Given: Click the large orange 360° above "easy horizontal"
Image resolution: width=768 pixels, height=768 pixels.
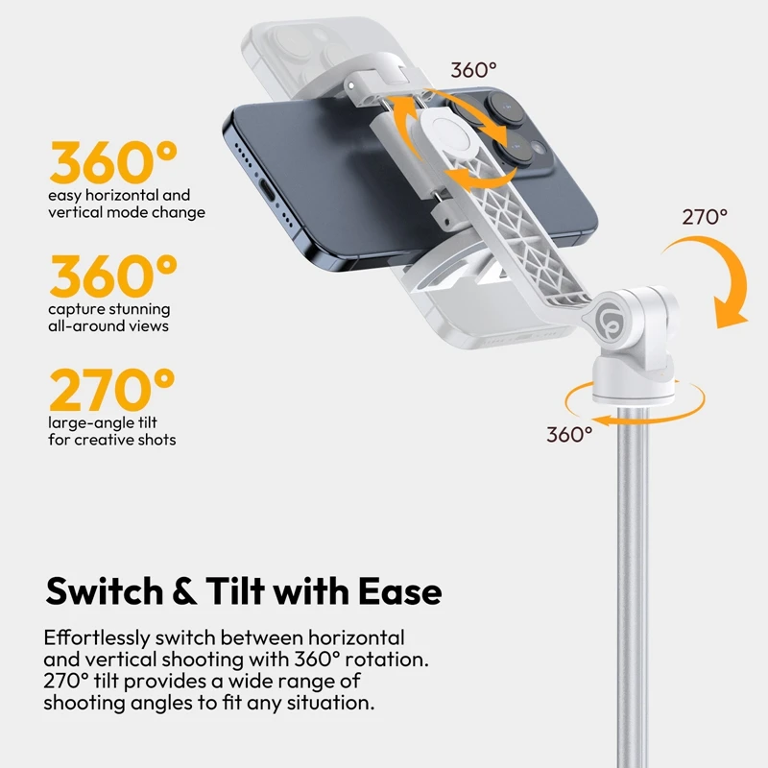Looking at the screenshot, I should click(x=114, y=163).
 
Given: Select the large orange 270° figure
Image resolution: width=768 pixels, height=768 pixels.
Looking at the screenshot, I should click(x=112, y=390).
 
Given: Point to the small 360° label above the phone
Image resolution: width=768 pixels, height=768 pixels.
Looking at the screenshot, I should click(x=474, y=70).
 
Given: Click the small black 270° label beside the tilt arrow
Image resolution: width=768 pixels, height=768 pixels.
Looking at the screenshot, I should click(x=705, y=217).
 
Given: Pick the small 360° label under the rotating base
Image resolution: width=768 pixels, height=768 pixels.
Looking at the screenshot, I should click(x=570, y=434).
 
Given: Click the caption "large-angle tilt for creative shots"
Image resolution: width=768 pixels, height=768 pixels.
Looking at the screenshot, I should click(x=112, y=431).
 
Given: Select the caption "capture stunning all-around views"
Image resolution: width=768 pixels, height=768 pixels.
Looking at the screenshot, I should click(x=109, y=317).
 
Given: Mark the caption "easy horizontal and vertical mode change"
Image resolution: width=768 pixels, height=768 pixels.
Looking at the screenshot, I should click(x=126, y=204).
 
